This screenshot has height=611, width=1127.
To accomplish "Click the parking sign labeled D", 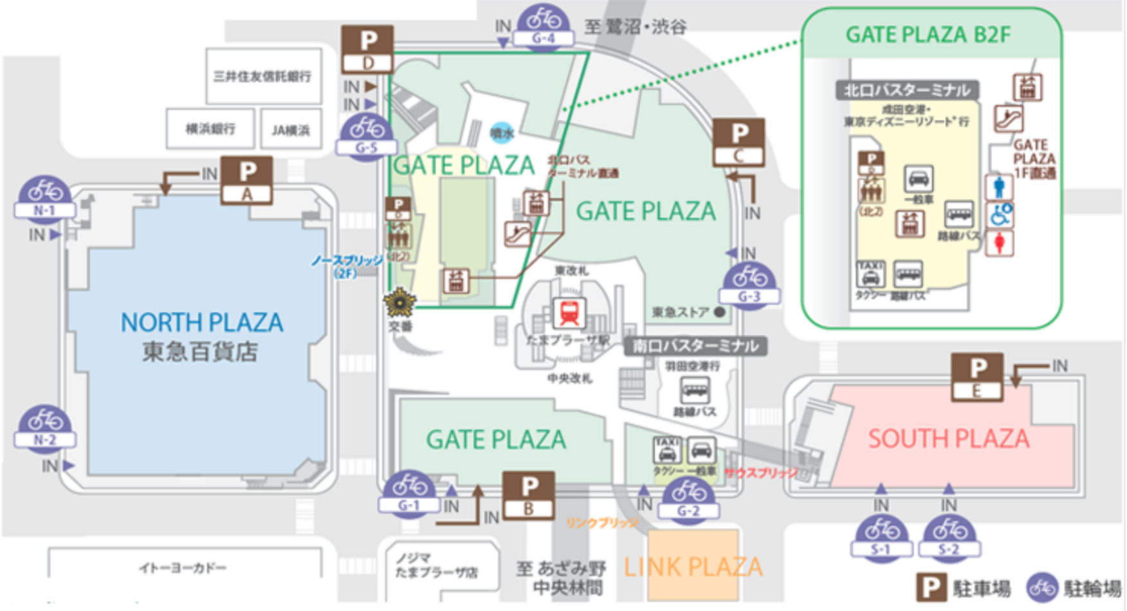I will [x=367, y=50].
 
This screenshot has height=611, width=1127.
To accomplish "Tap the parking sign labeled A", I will [x=247, y=181].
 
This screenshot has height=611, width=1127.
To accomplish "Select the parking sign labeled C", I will [x=739, y=143].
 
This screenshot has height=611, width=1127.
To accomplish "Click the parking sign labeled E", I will [x=977, y=377].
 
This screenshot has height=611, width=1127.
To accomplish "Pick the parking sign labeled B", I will [x=529, y=495].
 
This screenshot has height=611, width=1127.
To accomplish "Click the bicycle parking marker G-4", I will [x=544, y=26].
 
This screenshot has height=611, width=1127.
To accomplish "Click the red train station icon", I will [x=569, y=313].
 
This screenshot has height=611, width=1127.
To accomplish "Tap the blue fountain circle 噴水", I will [x=502, y=132].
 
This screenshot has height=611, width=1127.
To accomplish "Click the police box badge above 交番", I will [x=400, y=302].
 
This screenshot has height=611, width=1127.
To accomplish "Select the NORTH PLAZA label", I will [x=201, y=322].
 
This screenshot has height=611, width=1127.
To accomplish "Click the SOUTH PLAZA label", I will [x=948, y=439].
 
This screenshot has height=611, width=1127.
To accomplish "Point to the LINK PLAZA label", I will [x=693, y=567].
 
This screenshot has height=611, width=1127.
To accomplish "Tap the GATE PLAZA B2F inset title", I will [x=928, y=34].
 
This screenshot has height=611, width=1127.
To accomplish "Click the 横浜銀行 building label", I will [x=210, y=129].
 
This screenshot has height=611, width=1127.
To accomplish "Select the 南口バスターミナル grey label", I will [x=695, y=346].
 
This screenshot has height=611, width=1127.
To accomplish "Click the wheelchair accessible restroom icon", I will [x=1000, y=215].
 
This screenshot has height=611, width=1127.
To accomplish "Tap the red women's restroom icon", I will [x=1000, y=243].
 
